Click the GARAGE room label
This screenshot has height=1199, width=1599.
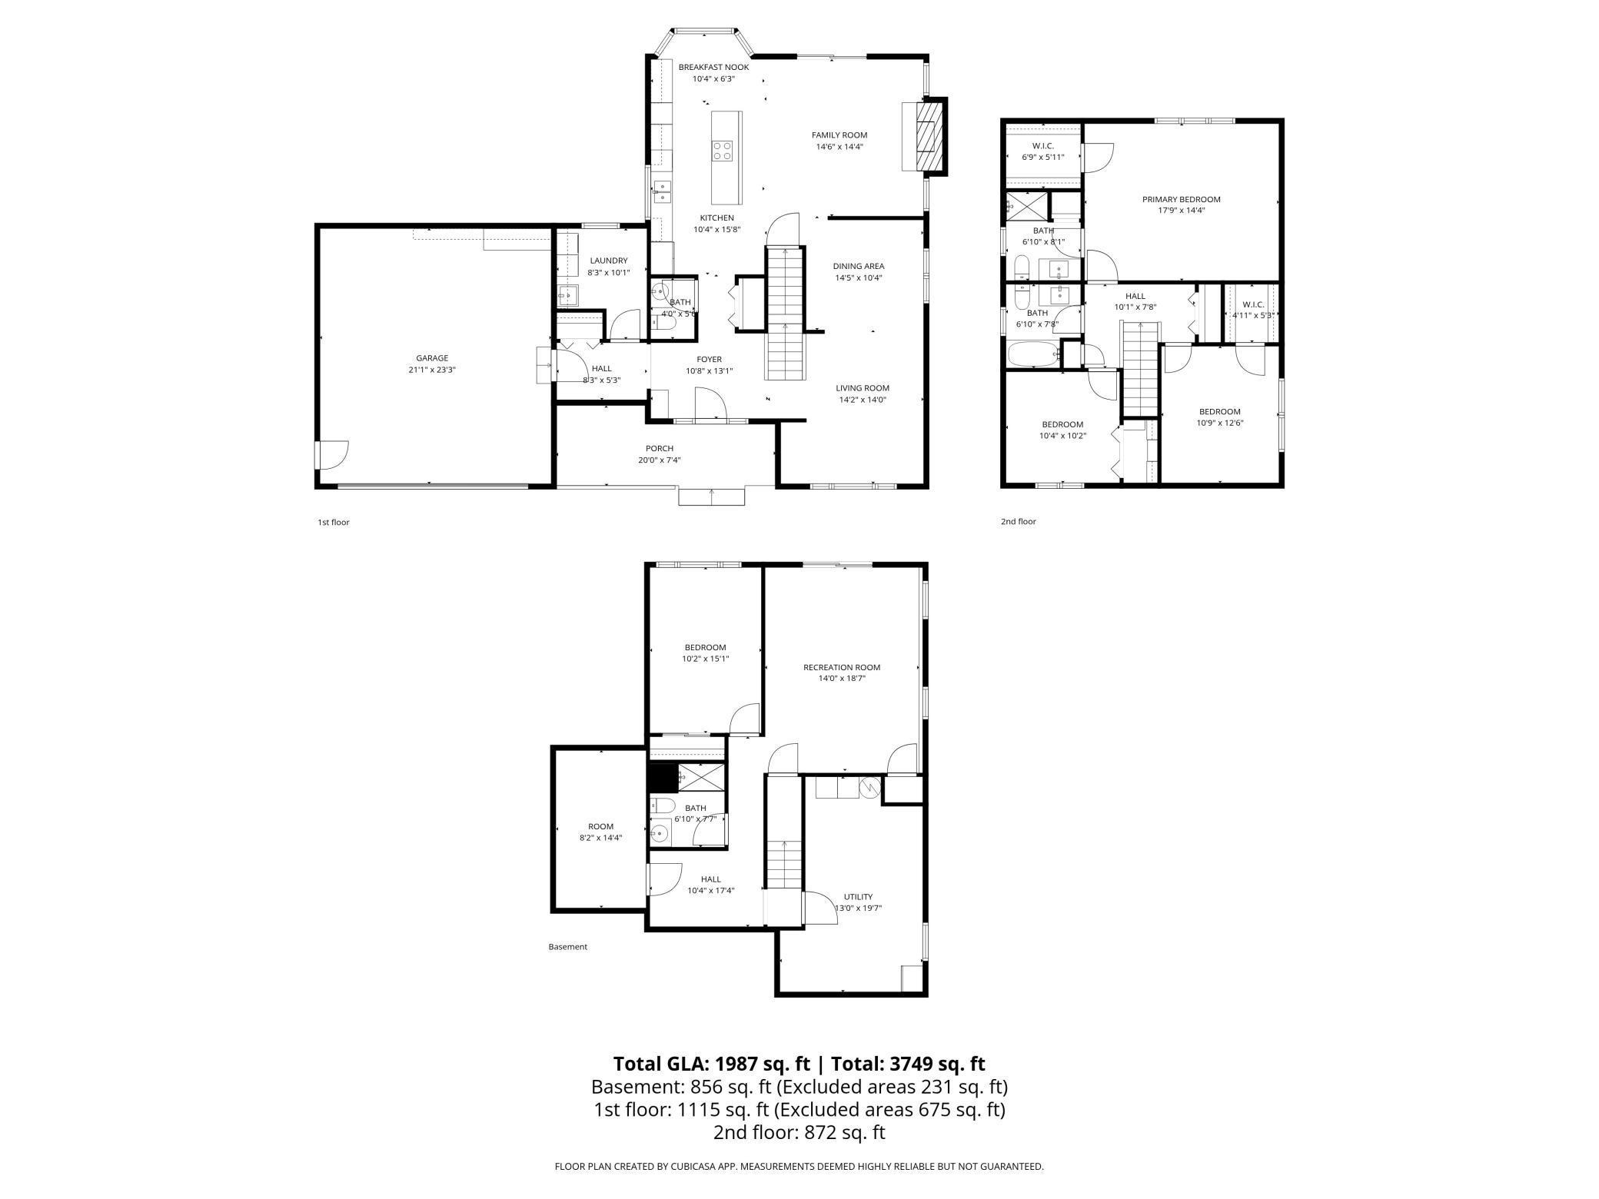click(x=432, y=358)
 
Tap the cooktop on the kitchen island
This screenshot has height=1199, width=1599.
click(x=722, y=150)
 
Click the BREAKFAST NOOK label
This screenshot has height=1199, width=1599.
click(x=713, y=68)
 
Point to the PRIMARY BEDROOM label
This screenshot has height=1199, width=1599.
click(x=1181, y=199)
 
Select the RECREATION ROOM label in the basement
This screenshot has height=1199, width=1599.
click(x=842, y=667)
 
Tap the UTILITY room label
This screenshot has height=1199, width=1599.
click(x=858, y=896)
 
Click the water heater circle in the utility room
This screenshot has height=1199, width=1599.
click(x=869, y=787)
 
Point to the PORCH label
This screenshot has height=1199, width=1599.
click(x=660, y=449)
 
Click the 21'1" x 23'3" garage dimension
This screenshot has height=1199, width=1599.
click(x=432, y=370)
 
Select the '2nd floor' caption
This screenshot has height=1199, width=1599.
click(x=1018, y=522)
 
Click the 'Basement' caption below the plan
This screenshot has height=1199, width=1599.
click(x=567, y=947)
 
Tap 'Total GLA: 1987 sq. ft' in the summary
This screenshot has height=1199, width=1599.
click(x=711, y=1064)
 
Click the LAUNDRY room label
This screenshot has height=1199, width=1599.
click(x=608, y=261)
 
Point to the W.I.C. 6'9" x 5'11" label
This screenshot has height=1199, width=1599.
click(x=1042, y=151)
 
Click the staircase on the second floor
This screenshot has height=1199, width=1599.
click(x=1140, y=369)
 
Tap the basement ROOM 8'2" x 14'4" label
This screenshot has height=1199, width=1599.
click(x=600, y=832)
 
